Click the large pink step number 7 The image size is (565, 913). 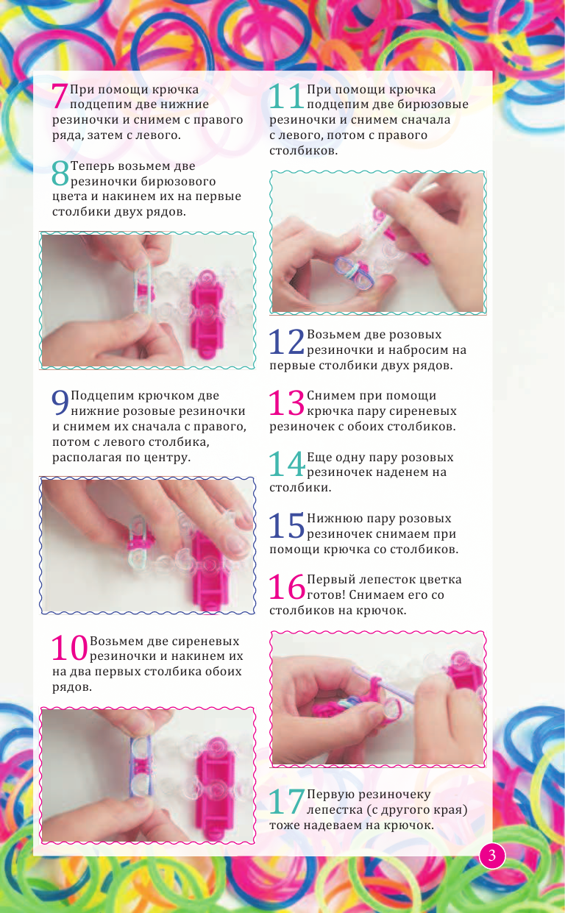click(x=60, y=97)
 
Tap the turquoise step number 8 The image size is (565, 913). click(x=60, y=174)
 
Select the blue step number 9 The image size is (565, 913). click(x=60, y=403)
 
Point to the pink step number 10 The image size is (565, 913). click(x=69, y=647)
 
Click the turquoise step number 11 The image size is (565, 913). click(x=286, y=97)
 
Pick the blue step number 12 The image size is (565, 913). click(x=287, y=341)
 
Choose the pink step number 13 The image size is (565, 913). click(x=287, y=403)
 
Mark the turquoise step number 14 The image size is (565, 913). click(x=287, y=463)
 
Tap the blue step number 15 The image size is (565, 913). click(x=287, y=525)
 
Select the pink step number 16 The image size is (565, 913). click(x=287, y=586)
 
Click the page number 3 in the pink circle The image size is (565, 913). click(x=493, y=856)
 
